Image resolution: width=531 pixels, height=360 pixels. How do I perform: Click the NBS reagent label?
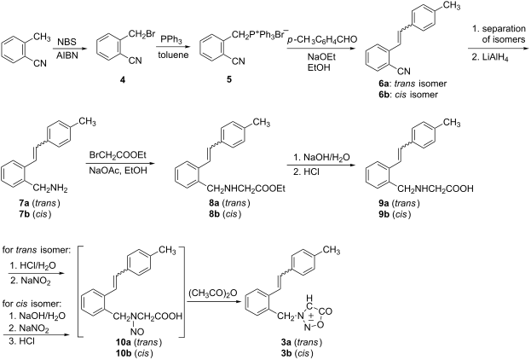click(x=66, y=42)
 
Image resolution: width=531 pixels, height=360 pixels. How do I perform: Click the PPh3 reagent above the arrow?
click(x=171, y=40)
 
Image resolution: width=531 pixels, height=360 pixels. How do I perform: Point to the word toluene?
click(x=173, y=55)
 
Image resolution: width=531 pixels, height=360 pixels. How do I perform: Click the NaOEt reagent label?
click(x=321, y=56)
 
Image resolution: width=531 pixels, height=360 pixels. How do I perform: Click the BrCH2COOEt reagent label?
click(x=118, y=155)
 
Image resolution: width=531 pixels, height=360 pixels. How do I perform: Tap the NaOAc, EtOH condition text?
click(x=118, y=170)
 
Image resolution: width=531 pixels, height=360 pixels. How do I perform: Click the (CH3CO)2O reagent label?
click(x=213, y=293)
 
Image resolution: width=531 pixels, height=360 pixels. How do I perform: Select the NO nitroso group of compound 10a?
click(x=137, y=332)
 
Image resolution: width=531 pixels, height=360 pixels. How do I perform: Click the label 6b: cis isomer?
click(x=408, y=95)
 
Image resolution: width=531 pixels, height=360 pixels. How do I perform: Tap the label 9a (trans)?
click(x=400, y=203)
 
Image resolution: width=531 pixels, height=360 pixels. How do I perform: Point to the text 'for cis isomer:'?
click(x=32, y=304)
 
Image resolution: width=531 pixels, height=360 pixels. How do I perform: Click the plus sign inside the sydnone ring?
click(x=310, y=316)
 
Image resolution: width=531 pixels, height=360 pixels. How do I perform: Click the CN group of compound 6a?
click(x=403, y=71)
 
